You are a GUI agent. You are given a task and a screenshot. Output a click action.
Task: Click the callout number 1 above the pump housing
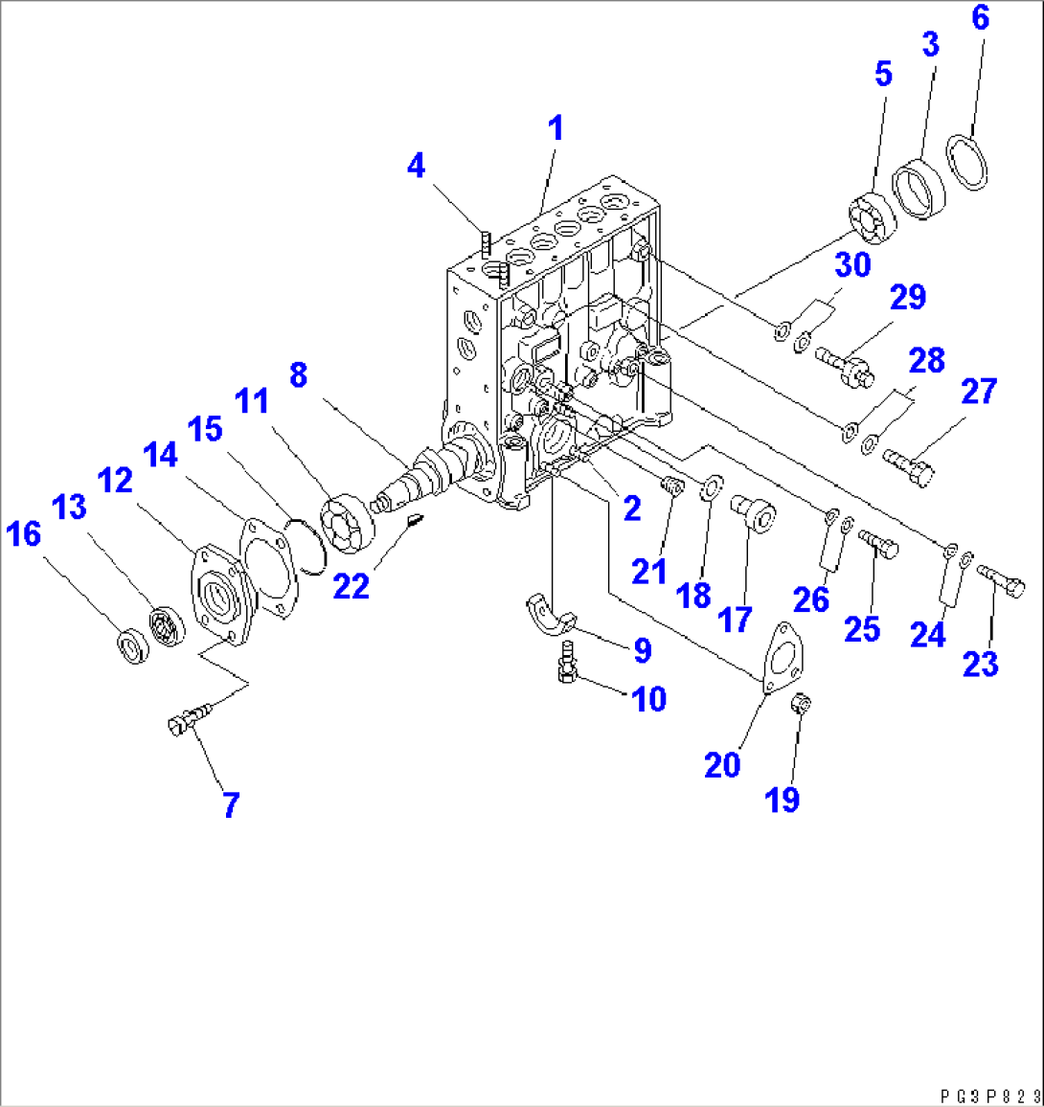coord(555,128)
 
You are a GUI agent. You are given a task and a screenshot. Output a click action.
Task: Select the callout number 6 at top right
coord(979,17)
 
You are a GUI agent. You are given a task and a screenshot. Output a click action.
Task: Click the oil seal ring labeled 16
coord(131,646)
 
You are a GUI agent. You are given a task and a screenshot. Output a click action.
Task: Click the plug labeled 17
coord(756,512)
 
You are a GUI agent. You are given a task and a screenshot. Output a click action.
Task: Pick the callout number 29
coord(907,297)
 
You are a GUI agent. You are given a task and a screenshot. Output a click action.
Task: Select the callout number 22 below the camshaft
coord(351,585)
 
